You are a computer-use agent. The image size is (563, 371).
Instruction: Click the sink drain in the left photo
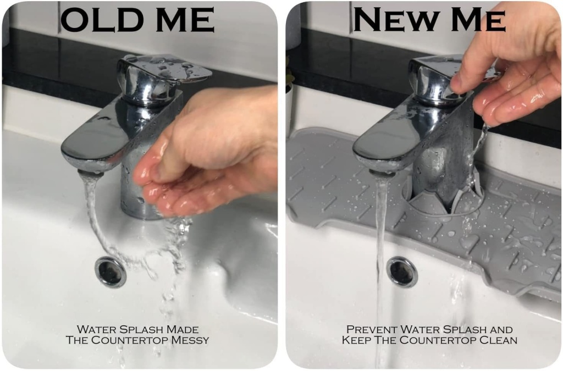click(111, 272)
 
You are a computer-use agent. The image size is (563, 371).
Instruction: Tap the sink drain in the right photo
click(402, 272)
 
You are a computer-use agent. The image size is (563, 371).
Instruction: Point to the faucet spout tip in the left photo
click(90, 174)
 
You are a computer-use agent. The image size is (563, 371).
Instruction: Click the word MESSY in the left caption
click(190, 340)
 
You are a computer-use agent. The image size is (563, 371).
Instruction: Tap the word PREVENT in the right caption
click(372, 329)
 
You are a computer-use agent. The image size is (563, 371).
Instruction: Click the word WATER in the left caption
click(96, 329)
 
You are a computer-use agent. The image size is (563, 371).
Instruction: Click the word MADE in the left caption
click(182, 329)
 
